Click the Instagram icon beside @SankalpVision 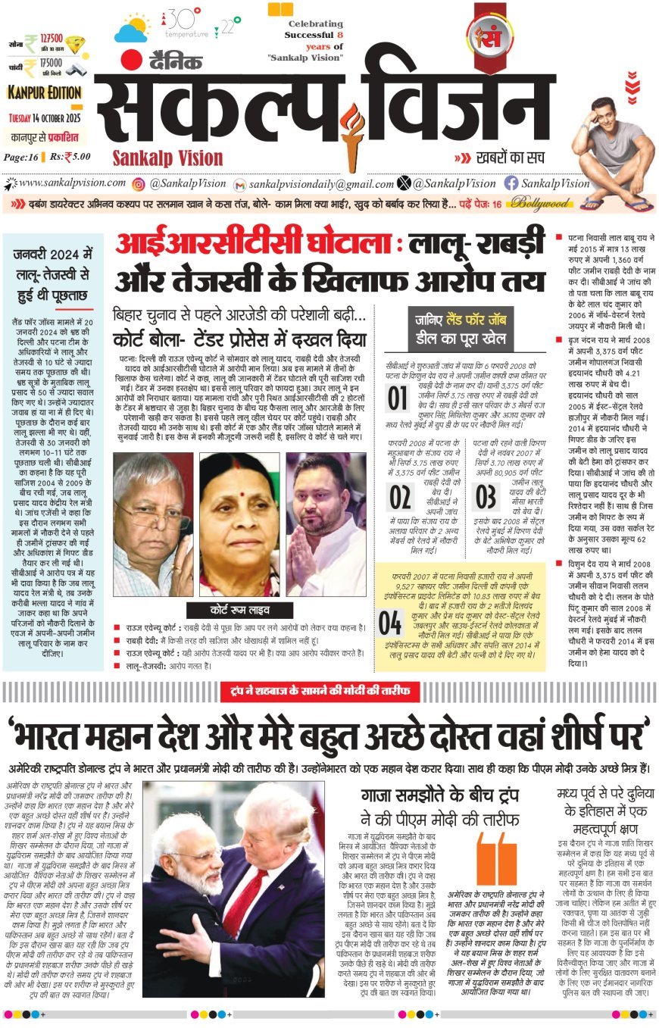point(139,183)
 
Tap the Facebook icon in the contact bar point(511,183)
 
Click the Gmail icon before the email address point(239,184)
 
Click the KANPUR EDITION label point(45,92)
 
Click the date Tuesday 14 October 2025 point(45,118)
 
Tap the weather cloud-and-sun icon point(132,28)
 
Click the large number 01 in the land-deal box point(398,398)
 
